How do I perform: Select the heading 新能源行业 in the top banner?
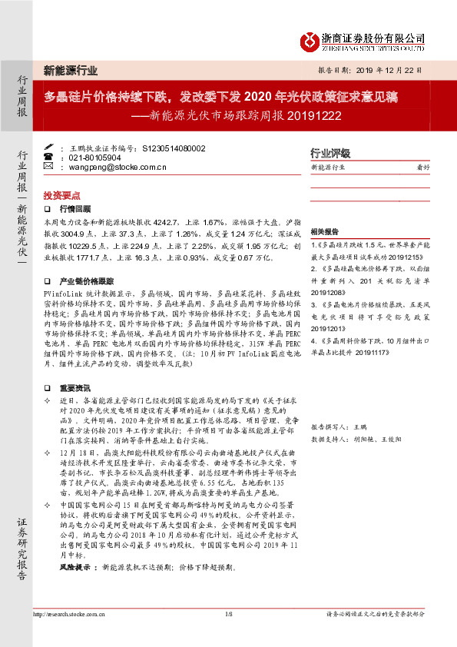pyautogui.click(x=71, y=71)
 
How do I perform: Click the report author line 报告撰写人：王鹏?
pyautogui.click(x=336, y=425)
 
